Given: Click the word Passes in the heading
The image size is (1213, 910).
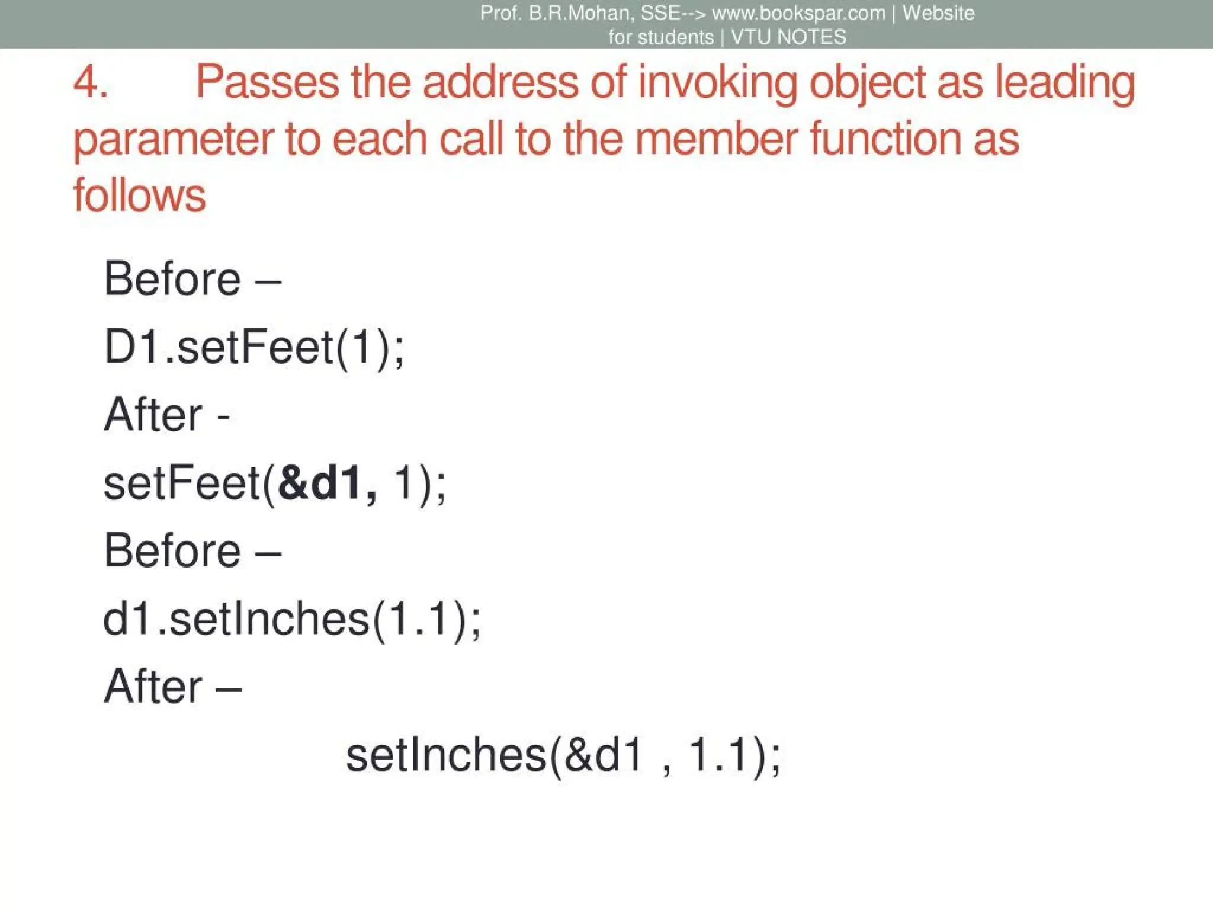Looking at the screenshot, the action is [267, 82].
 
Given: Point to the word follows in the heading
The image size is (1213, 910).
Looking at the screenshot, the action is [140, 196].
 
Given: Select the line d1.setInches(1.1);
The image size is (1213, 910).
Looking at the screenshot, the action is [292, 619].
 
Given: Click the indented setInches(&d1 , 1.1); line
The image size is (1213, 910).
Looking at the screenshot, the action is [563, 755].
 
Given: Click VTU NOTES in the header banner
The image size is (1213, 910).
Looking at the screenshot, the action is [788, 37].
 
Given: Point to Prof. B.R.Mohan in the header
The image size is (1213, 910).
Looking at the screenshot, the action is [556, 13].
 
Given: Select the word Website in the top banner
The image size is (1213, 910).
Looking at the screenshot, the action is [938, 13].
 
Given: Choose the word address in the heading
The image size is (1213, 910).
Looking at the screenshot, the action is [500, 82].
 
